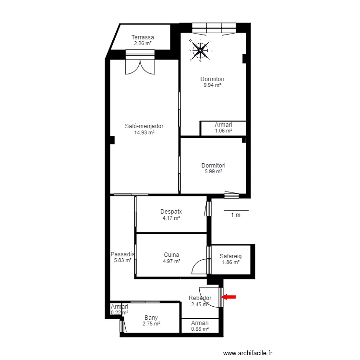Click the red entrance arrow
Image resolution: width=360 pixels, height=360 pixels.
[x=229, y=297]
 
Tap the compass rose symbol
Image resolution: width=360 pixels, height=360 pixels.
[x=201, y=50]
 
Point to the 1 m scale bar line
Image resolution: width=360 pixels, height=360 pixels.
[x=236, y=210]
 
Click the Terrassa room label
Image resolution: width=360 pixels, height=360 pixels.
[x=143, y=37]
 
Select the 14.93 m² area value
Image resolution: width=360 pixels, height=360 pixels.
[x=144, y=132]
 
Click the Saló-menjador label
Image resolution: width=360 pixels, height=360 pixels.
[x=144, y=126]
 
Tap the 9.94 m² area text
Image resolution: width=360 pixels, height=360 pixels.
[x=212, y=85]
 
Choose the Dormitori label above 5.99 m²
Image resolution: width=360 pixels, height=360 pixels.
[x=213, y=165]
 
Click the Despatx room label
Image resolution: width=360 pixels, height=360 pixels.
[x=171, y=212]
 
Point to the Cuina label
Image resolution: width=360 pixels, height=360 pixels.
[x=171, y=254]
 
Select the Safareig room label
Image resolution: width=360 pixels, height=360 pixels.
[x=230, y=256]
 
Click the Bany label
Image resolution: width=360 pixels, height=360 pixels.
[x=151, y=318]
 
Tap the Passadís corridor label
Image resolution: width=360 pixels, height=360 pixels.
[x=122, y=254]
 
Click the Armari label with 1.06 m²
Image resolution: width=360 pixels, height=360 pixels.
[x=223, y=125]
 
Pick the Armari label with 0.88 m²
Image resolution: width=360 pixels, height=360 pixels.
[x=200, y=323]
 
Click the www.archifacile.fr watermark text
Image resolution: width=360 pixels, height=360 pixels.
[x=248, y=353]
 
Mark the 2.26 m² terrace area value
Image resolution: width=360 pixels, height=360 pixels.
[x=143, y=43]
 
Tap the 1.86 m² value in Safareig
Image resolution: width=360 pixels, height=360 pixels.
[x=231, y=262]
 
